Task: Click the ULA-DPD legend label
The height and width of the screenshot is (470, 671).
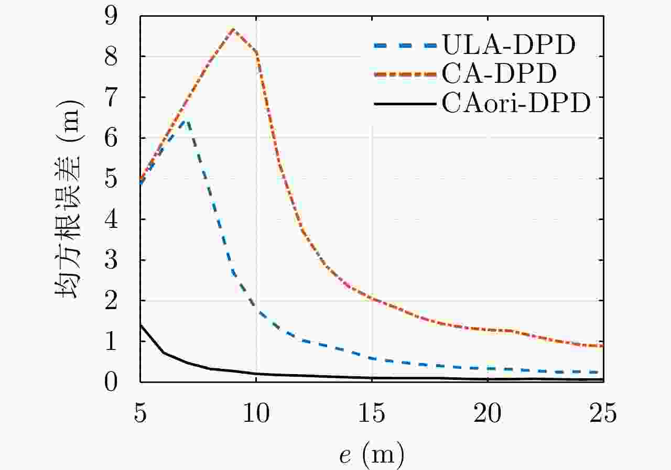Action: (508, 46)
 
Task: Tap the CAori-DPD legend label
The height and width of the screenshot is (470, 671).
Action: (516, 104)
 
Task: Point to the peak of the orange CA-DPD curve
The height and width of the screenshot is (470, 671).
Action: (233, 29)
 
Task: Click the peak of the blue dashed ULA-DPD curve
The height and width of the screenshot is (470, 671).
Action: (185, 121)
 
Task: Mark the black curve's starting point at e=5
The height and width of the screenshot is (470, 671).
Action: (140, 325)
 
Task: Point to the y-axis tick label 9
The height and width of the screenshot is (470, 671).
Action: (111, 16)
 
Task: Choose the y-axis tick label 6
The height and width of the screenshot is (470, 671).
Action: (111, 138)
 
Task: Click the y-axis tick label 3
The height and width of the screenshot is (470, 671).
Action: (111, 260)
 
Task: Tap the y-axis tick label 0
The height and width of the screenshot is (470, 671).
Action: (111, 382)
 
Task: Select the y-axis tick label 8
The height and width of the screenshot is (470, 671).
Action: (111, 57)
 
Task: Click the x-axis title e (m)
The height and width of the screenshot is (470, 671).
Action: (372, 454)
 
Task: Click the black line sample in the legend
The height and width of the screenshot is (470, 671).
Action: (405, 104)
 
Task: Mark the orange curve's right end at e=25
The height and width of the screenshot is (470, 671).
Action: (603, 346)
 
